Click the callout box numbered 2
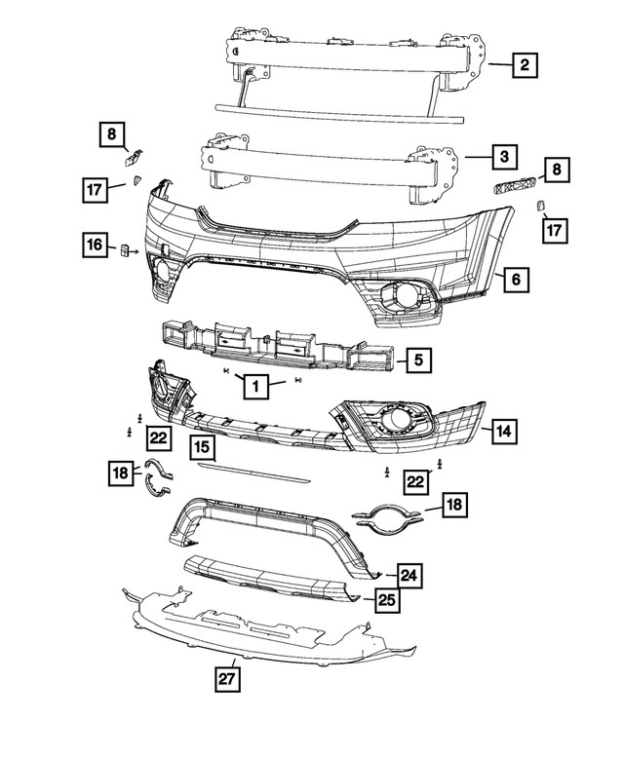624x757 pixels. tap(525, 65)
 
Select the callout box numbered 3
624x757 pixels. tap(504, 156)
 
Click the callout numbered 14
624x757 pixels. tap(504, 430)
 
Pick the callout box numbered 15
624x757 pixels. tap(203, 447)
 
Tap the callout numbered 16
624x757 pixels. tap(94, 246)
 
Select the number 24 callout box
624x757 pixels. tap(409, 577)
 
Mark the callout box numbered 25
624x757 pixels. tap(388, 601)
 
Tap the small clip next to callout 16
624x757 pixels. tap(126, 251)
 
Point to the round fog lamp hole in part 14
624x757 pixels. tap(400, 421)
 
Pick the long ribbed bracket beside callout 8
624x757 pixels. tap(514, 186)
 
